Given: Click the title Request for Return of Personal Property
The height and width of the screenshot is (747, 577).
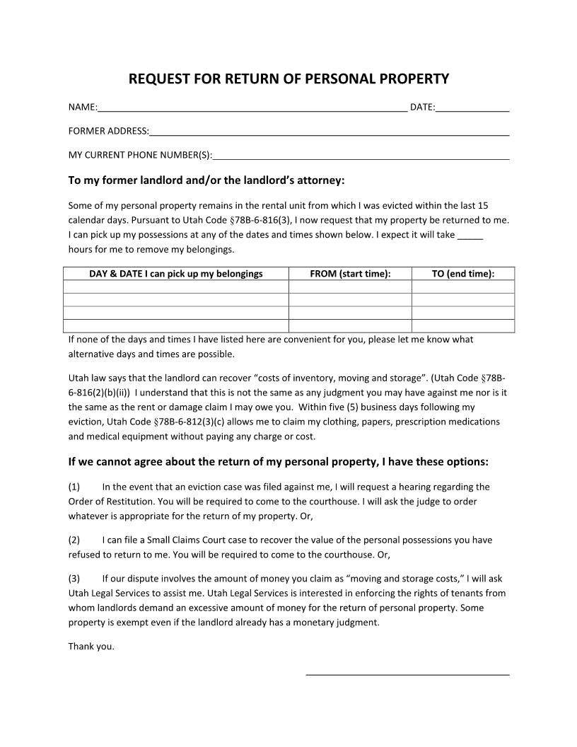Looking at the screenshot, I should pyautogui.click(x=288, y=79).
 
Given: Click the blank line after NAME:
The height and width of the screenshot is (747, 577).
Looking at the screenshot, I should pyautogui.click(x=252, y=108).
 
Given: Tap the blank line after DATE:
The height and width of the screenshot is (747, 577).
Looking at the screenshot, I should pyautogui.click(x=472, y=108).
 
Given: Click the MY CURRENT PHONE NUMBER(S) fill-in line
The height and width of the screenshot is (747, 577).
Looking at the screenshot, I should pyautogui.click(x=361, y=156).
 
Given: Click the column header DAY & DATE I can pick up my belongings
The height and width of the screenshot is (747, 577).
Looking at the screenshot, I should pyautogui.click(x=176, y=274).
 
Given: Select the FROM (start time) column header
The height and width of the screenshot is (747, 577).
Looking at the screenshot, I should pyautogui.click(x=350, y=274).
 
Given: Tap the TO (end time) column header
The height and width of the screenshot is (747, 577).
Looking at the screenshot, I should pyautogui.click(x=463, y=274).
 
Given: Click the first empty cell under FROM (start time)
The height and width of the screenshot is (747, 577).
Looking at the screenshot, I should pyautogui.click(x=350, y=286).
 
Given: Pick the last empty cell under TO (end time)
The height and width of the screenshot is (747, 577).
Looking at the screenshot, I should pyautogui.click(x=463, y=325).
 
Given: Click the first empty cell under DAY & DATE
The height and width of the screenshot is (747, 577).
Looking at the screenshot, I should pyautogui.click(x=176, y=286).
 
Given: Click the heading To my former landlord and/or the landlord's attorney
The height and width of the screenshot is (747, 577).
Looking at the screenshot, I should pyautogui.click(x=206, y=180).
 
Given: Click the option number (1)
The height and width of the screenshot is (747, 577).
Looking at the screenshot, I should pyautogui.click(x=74, y=487).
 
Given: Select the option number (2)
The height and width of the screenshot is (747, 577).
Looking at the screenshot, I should pyautogui.click(x=74, y=540).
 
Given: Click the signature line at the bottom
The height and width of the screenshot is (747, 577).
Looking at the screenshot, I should pyautogui.click(x=407, y=673).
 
